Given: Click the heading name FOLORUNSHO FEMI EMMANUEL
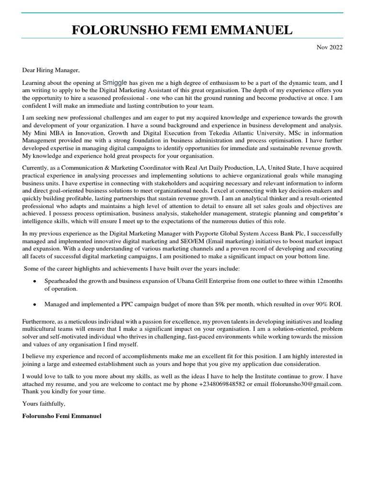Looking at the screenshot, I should click(182, 31).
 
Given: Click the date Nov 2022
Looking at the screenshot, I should click(330, 47).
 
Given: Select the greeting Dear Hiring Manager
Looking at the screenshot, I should click(51, 70).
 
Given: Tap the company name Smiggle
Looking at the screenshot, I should click(115, 82).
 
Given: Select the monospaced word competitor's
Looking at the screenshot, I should click(326, 213).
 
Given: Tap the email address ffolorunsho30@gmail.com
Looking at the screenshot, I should click(307, 384).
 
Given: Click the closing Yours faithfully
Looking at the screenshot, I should click(44, 404).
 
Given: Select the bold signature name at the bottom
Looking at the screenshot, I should click(62, 416).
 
